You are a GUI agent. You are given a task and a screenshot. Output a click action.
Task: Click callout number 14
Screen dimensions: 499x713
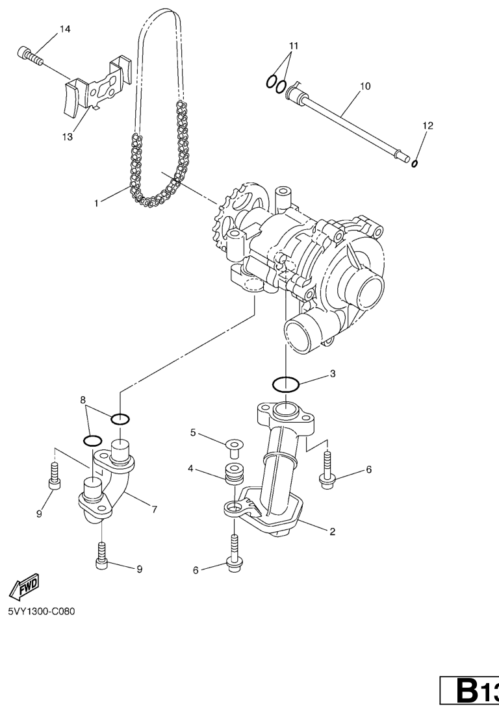pos(65,29)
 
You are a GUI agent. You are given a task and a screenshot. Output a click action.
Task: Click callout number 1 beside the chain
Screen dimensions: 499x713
pos(96,203)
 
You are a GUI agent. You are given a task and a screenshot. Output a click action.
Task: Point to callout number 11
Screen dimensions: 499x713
pos(294,46)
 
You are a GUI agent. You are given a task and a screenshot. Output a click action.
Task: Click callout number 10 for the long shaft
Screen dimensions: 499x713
pos(365,86)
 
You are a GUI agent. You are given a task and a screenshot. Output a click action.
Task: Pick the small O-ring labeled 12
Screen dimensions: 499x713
pos(415,163)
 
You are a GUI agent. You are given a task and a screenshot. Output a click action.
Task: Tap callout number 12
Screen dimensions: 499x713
pos(428,125)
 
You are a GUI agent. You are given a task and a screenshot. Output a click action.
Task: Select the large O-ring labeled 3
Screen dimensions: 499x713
pos(286,384)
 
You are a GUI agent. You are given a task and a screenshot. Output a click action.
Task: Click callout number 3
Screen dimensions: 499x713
pos(333,374)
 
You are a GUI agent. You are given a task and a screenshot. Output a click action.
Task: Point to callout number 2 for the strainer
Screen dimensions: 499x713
pos(333,531)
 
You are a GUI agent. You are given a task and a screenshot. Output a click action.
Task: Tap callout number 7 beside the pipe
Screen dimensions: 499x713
pos(155,509)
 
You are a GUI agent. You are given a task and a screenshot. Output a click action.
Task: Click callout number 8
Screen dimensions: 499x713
pos(83,400)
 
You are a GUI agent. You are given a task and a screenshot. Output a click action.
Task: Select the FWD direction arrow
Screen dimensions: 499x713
pos(24,586)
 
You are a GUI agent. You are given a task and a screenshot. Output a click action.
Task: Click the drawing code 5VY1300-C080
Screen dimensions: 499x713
pos(42,610)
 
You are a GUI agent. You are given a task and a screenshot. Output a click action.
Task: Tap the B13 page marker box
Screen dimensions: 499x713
pos(469,692)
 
